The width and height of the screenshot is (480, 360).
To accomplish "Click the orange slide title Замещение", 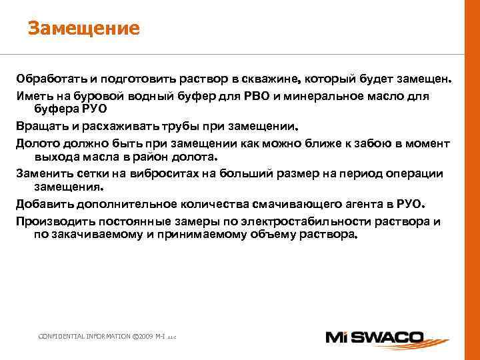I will (x=83, y=28).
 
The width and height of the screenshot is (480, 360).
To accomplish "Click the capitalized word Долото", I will (x=39, y=143).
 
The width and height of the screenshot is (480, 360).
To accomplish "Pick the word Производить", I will (x=53, y=221).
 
